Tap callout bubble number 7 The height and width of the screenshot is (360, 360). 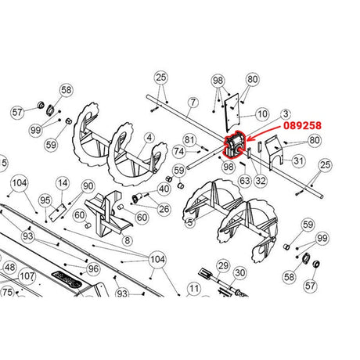click(190, 102)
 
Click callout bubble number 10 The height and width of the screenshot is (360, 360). click(262, 115)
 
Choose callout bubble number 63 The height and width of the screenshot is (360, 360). click(245, 180)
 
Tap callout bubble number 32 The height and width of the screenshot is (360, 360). click(261, 180)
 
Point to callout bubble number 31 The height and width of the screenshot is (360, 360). click(298, 161)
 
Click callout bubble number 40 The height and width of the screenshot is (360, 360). click(164, 189)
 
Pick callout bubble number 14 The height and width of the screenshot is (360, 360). click(62, 185)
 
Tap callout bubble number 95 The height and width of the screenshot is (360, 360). click(45, 200)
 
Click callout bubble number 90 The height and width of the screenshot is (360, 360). click(88, 186)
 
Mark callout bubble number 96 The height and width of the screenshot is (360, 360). click(93, 268)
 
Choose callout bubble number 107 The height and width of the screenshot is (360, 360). click(27, 276)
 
